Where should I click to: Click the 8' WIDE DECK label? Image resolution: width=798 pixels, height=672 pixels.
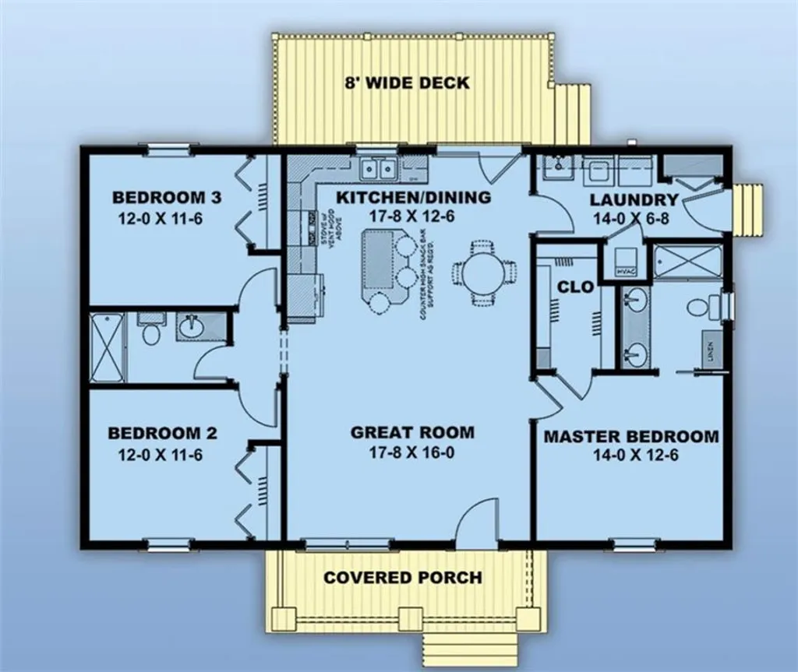408,82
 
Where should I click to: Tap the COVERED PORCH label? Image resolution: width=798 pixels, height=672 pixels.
402,578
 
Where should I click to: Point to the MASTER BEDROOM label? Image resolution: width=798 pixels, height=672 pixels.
630,436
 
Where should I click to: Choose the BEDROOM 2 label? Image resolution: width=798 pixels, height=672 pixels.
156,434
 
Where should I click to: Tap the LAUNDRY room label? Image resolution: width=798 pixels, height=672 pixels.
633,199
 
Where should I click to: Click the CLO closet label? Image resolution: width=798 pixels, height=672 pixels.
576,287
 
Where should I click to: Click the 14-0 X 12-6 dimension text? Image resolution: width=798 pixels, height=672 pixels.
630,456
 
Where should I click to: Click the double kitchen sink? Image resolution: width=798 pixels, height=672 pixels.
380,168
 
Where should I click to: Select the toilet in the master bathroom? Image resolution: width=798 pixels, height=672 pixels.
697,306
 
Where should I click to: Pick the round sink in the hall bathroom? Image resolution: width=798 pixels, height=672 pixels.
189,326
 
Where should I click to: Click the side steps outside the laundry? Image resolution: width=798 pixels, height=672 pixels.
749,209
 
